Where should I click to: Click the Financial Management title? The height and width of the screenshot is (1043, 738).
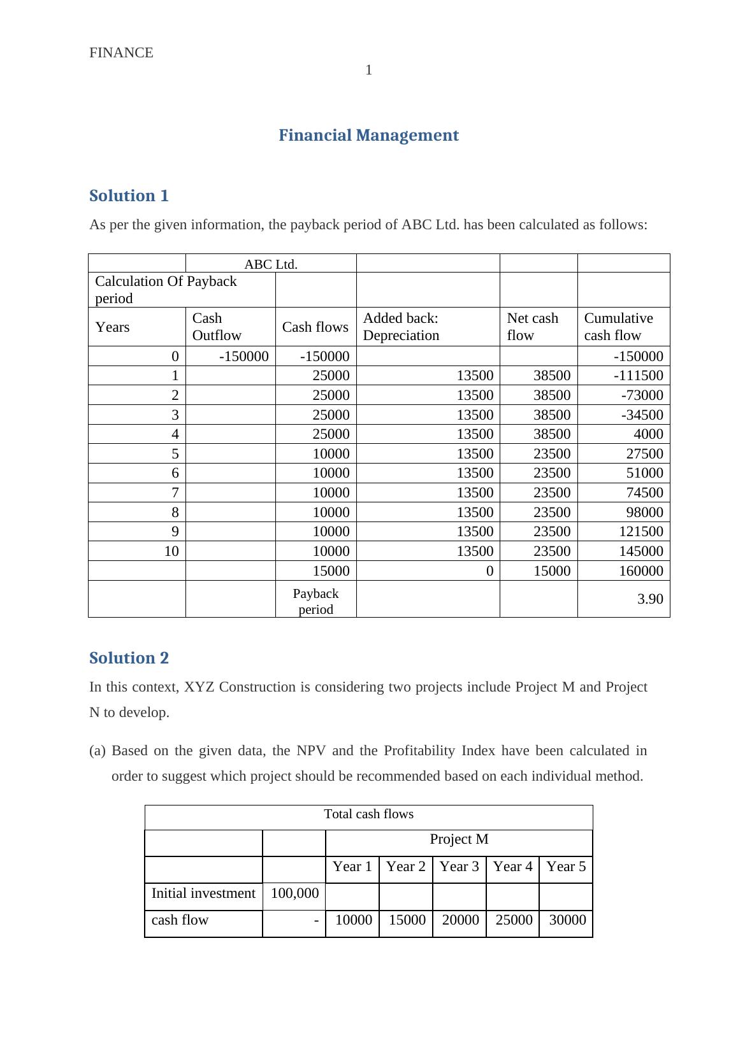click(368, 136)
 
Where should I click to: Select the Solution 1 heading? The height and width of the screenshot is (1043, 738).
click(129, 196)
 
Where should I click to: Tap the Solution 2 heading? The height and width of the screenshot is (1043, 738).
click(129, 658)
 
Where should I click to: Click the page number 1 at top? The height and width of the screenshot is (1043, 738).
click(368, 70)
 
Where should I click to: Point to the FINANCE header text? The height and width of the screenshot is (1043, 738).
click(121, 53)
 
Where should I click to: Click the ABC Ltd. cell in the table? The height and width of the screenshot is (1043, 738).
click(271, 264)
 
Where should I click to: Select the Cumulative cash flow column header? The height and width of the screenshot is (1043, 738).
click(618, 327)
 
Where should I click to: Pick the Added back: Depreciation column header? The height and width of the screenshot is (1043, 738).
click(401, 327)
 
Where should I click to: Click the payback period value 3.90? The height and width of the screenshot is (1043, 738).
click(650, 599)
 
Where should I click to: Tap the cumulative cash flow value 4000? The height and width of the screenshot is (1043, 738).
click(648, 434)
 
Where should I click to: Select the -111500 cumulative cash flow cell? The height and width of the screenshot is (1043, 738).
click(638, 376)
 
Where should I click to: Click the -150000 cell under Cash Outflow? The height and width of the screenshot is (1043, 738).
click(243, 357)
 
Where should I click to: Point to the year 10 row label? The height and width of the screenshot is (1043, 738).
click(171, 551)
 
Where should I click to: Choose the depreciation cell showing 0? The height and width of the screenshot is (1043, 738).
click(489, 571)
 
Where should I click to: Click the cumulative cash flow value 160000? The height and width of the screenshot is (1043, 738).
click(641, 571)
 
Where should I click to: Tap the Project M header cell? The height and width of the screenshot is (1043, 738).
click(459, 840)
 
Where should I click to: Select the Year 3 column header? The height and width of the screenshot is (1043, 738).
click(459, 867)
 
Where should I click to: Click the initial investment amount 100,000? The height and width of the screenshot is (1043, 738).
click(294, 893)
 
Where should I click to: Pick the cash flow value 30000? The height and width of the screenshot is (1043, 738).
click(567, 920)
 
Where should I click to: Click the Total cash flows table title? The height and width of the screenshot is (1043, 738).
click(368, 814)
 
